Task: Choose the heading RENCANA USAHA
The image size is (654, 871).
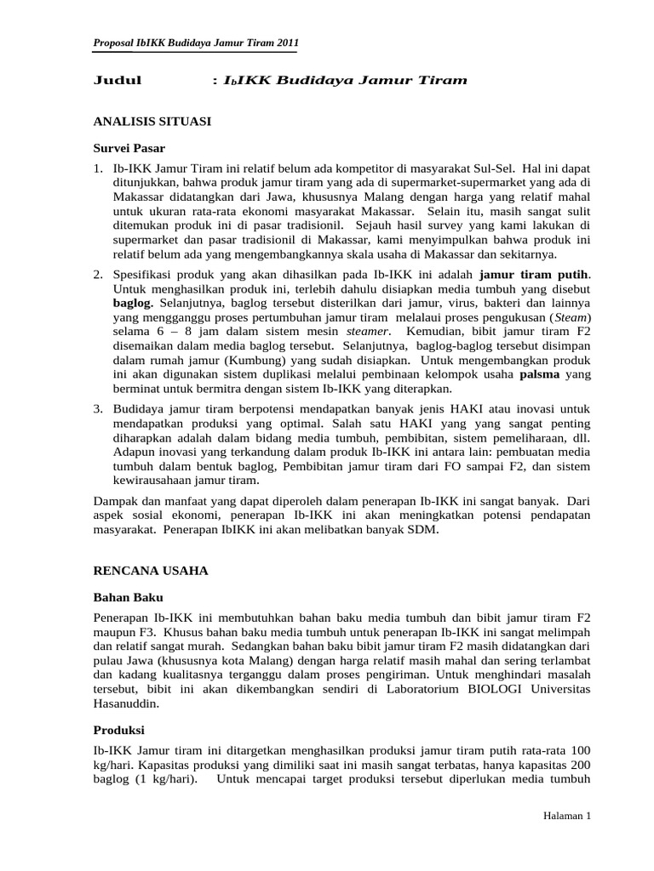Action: pos(150,570)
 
